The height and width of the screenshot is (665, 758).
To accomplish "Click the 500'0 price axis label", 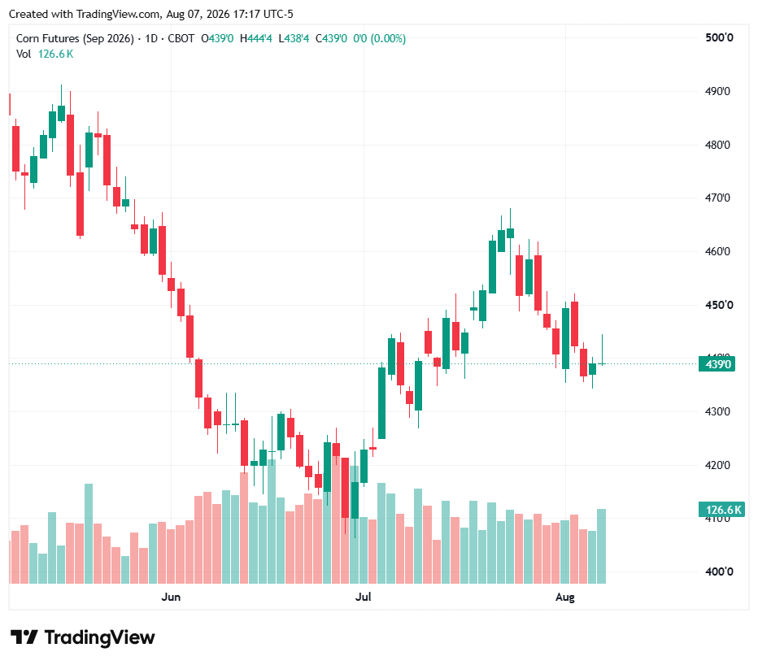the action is pos(719,37).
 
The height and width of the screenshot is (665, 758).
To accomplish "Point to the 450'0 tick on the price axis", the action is pos(719,305).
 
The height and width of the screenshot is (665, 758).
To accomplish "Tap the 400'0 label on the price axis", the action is pos(719,572).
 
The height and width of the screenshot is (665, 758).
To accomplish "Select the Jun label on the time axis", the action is pos(171,597).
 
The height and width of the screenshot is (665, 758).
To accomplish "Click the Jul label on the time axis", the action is pos(363,597).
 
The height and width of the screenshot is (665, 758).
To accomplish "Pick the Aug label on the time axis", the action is pos(565,598).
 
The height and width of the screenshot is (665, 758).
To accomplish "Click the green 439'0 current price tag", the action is pos(717,364).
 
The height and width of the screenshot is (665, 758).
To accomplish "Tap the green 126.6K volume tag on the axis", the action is pos(721,510).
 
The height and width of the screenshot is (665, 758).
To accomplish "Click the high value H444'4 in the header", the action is pos(255,39).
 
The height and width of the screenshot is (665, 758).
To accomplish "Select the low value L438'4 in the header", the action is pos(294,39).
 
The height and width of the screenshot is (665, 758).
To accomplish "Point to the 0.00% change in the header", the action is pos(388,39).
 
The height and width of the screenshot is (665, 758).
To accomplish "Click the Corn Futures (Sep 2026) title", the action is pos(75,39).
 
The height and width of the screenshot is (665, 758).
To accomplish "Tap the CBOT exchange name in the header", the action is pos(181,39).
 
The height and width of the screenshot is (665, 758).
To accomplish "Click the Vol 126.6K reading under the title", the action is pos(45,54).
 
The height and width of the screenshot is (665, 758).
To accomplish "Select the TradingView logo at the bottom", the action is pos(83,637).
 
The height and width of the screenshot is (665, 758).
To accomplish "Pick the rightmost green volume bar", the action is pos(601,546).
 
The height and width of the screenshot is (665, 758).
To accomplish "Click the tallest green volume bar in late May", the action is pos(89,533).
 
